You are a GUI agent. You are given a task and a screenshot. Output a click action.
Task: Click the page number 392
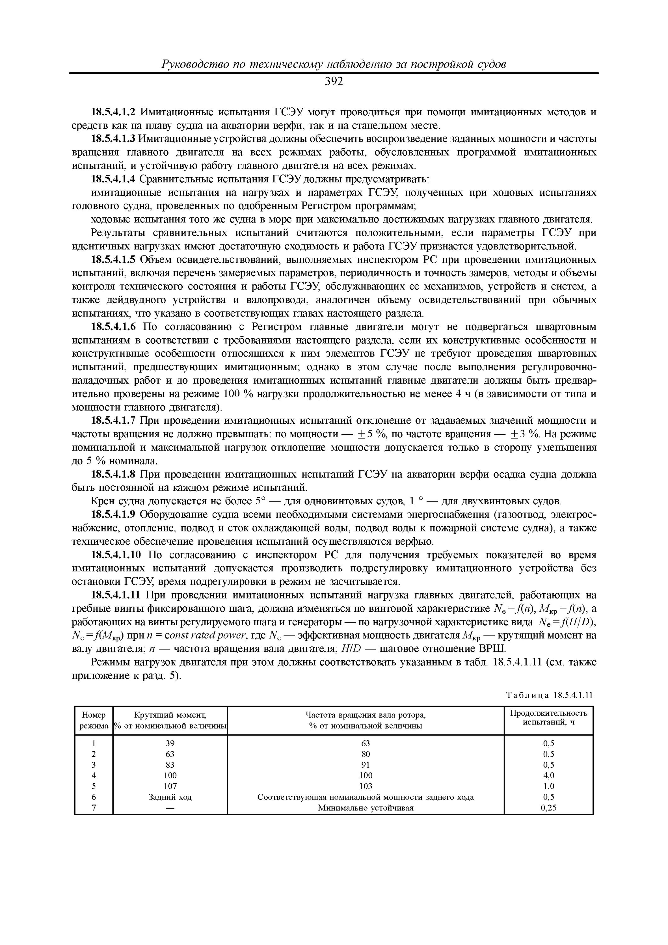pos(334,82)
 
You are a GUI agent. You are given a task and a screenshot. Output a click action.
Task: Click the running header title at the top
pos(334,65)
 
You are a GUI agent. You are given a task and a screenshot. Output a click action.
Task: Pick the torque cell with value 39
pos(170,743)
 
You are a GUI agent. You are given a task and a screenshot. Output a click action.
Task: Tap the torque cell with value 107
pos(170,786)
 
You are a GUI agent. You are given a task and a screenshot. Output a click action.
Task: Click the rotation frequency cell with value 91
pos(365,765)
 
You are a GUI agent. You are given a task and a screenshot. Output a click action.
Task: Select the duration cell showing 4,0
pos(549,776)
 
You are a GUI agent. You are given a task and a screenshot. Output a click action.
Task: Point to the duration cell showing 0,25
pos(549,808)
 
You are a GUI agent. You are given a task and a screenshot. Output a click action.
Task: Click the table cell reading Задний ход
pos(170,797)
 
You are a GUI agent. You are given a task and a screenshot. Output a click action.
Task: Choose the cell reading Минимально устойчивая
pos(365,808)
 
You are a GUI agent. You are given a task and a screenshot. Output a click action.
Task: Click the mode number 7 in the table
pos(94,808)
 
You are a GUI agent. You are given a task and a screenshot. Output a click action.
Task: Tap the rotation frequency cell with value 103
pos(365,786)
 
